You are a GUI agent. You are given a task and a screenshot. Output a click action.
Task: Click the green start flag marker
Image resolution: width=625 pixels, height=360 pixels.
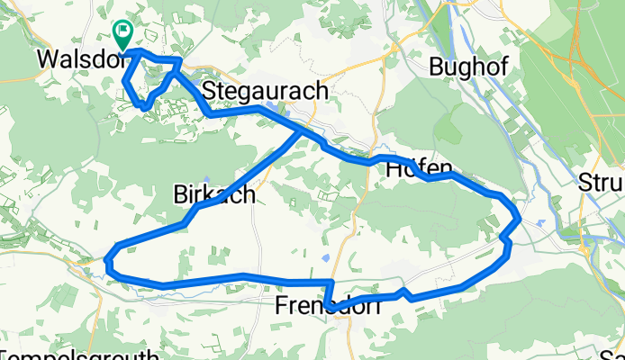[x=122, y=33]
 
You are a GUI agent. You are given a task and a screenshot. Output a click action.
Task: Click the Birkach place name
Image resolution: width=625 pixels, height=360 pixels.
[x=213, y=194]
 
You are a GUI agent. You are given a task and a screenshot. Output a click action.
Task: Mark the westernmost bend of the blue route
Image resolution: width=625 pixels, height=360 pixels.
[x=107, y=262]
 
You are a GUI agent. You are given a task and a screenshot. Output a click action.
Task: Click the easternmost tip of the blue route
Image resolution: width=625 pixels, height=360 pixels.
[x=519, y=217]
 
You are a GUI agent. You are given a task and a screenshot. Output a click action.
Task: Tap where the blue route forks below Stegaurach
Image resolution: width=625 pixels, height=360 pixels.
[x=302, y=130]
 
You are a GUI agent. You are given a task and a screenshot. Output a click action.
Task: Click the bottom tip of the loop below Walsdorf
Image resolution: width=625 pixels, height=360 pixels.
[x=144, y=107]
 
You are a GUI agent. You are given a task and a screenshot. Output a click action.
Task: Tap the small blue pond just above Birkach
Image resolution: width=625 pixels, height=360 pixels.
[x=206, y=178]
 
